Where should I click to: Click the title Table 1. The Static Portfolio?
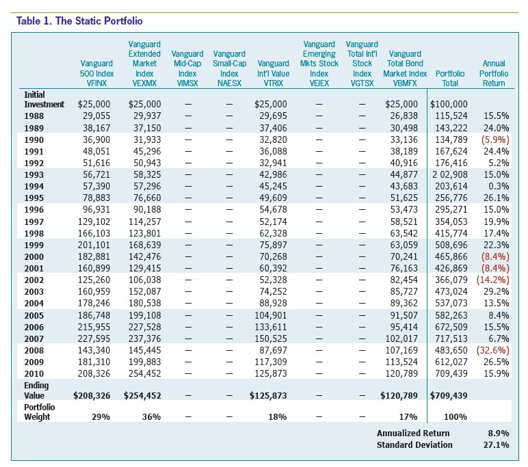(79, 21)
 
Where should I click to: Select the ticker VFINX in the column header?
(96, 83)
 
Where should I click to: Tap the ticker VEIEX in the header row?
(319, 83)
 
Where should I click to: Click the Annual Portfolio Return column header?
(494, 73)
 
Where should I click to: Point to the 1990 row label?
(34, 140)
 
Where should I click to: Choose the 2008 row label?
(34, 351)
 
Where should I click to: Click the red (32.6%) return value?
(492, 350)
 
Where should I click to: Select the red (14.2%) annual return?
(492, 280)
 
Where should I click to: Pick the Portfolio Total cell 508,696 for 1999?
(451, 245)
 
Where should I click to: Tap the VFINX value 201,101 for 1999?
(94, 245)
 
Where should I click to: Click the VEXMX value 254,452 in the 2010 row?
(145, 373)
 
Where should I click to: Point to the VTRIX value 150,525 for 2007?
(271, 338)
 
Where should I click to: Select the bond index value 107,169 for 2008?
(401, 350)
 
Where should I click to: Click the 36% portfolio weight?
(152, 417)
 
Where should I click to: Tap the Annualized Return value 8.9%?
(499, 433)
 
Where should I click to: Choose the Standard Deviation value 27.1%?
(497, 444)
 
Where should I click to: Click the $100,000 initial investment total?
(449, 105)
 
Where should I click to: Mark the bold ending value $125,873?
(268, 396)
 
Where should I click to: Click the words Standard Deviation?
(414, 444)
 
